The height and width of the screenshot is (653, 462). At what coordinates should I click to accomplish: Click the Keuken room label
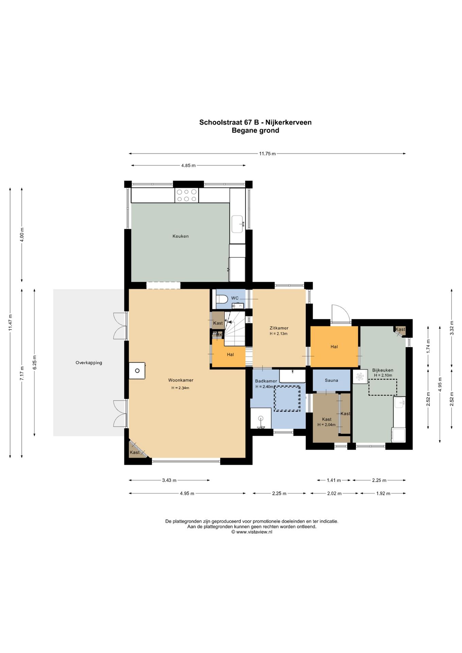(x=180, y=236)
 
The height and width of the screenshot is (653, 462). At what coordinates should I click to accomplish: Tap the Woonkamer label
(x=181, y=380)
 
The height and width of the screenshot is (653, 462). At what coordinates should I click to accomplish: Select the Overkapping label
(x=89, y=363)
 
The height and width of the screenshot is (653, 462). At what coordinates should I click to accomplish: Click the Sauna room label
(x=331, y=380)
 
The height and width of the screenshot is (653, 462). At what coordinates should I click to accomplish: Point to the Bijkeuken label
(x=383, y=370)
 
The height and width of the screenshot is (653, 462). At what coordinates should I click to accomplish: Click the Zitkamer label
(x=279, y=328)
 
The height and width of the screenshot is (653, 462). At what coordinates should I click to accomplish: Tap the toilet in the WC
(x=222, y=299)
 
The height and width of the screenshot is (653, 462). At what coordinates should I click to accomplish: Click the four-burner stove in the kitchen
(x=187, y=195)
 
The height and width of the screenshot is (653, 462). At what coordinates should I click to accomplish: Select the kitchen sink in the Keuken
(x=237, y=224)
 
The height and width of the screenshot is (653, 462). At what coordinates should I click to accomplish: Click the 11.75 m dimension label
(x=267, y=154)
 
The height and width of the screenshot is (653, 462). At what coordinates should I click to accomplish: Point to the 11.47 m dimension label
(x=11, y=322)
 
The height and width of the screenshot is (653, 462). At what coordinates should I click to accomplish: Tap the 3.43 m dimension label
(x=169, y=480)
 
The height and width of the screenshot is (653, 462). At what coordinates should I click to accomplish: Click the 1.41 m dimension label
(x=334, y=480)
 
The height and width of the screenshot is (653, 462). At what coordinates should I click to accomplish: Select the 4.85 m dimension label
(x=188, y=166)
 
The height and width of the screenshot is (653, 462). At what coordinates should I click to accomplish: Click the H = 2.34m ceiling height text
(x=180, y=388)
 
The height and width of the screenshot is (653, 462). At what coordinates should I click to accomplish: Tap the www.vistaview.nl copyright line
(x=252, y=532)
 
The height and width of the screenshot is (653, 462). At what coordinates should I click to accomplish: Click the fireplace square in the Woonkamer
(x=137, y=371)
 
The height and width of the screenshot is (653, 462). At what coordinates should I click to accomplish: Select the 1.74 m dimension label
(x=428, y=346)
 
